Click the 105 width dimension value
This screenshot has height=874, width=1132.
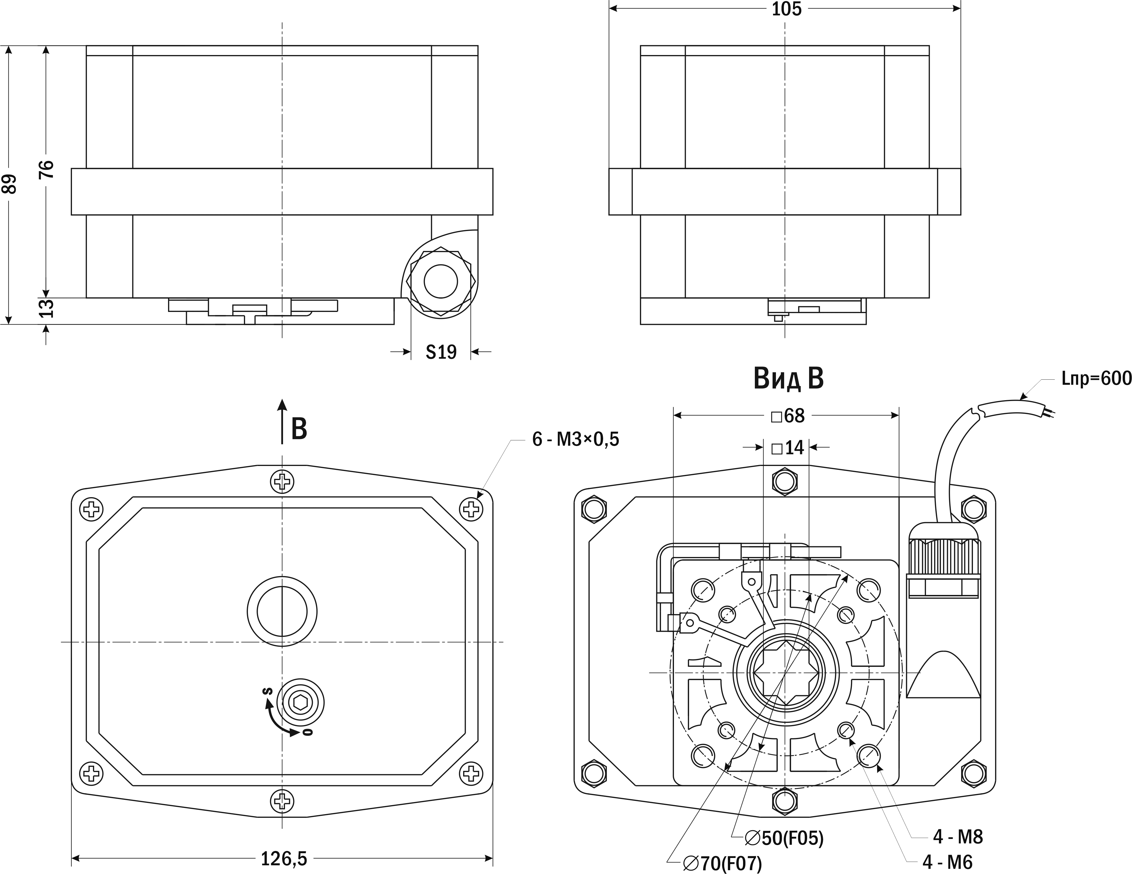[786, 9]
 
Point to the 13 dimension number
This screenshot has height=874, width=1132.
[47, 309]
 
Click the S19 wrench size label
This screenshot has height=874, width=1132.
[441, 352]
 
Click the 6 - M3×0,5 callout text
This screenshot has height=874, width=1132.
[575, 440]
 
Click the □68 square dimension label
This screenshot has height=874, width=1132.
[788, 416]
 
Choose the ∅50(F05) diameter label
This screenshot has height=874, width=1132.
[784, 838]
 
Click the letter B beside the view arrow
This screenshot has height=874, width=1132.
[299, 429]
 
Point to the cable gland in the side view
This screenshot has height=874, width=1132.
[441, 282]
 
